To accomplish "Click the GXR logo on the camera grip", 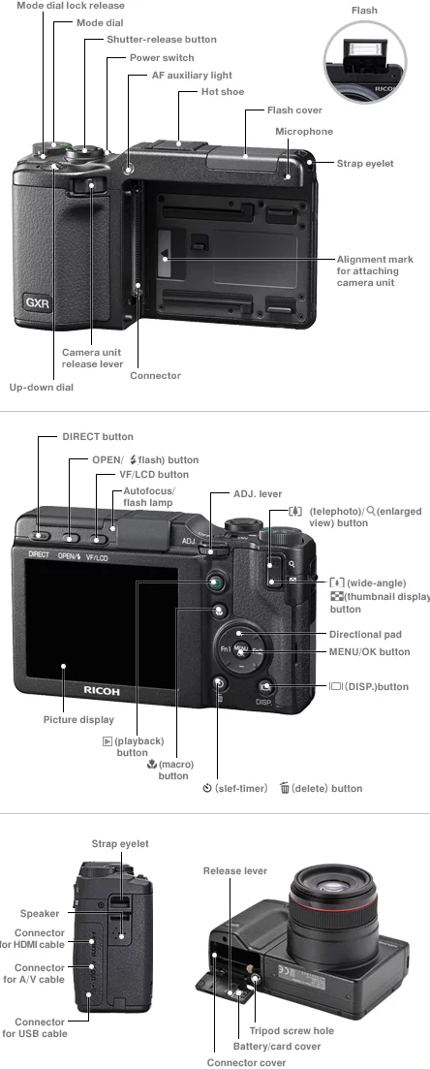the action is pyautogui.click(x=38, y=302).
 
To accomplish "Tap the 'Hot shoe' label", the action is pyautogui.click(x=223, y=92).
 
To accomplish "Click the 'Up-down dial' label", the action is pyautogui.click(x=41, y=388).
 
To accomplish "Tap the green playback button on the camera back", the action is pyautogui.click(x=216, y=582).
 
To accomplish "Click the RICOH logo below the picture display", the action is pyautogui.click(x=102, y=691).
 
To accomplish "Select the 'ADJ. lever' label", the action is pyautogui.click(x=258, y=494).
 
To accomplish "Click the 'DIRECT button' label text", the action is pyautogui.click(x=98, y=437).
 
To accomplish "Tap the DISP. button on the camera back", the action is pyautogui.click(x=265, y=686).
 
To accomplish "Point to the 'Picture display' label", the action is pyautogui.click(x=78, y=720).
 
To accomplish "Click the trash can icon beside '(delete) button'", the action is pyautogui.click(x=285, y=788).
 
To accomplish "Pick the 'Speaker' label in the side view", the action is pyautogui.click(x=40, y=914).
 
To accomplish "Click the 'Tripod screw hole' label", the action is pyautogui.click(x=292, y=1031).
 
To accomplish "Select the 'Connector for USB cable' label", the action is pyautogui.click(x=34, y=1027).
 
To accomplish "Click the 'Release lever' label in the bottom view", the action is pyautogui.click(x=235, y=870).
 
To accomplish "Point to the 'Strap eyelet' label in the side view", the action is pyautogui.click(x=120, y=844).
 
